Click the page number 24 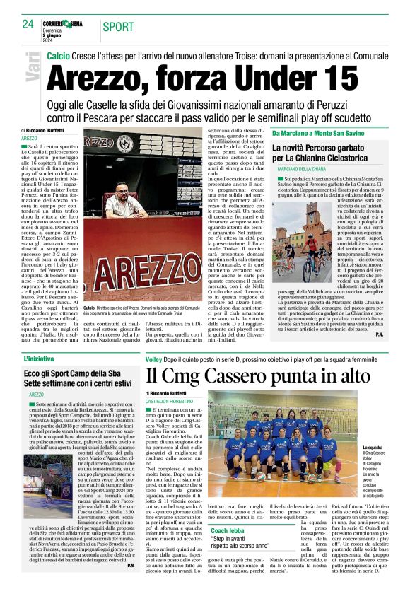pos(28,25)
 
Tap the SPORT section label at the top pos(117,27)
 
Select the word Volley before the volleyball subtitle pos(153,359)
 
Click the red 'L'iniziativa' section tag pos(39,359)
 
